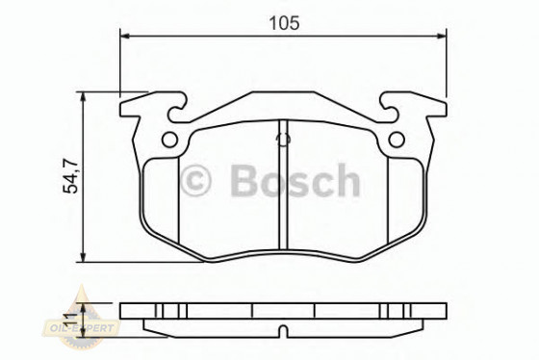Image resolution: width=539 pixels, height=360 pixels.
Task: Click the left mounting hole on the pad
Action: coord(169,141)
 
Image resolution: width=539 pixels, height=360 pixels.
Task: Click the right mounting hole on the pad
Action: coord(396,141)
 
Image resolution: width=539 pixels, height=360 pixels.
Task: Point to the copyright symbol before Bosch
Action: coord(196,181)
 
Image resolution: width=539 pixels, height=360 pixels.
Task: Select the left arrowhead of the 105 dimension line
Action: coord(122,37)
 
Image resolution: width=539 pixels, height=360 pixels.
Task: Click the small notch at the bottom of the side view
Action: coord(282,333)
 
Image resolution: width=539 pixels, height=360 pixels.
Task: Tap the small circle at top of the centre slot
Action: coord(282,139)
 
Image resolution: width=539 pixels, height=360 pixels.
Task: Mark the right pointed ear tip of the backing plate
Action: coord(447,99)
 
